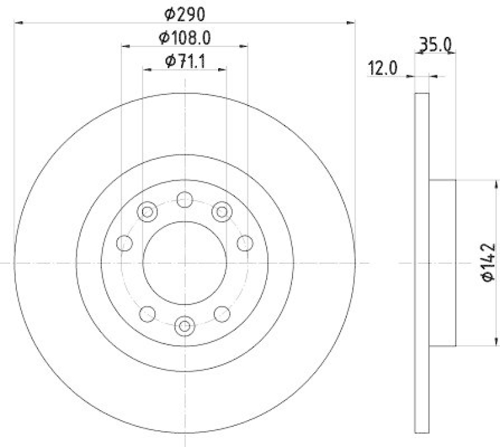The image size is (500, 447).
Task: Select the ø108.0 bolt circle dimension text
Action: click(x=184, y=37)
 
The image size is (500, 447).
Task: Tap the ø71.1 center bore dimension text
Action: click(x=185, y=61)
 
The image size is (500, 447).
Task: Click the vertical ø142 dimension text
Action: click(x=488, y=263)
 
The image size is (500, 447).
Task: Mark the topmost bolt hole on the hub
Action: click(x=184, y=200)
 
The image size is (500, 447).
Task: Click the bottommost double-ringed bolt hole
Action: click(x=184, y=325)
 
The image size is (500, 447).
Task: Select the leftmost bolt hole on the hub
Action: click(x=124, y=243)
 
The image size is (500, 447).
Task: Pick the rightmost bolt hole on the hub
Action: click(x=244, y=243)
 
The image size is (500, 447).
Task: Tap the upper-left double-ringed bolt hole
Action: click(x=148, y=212)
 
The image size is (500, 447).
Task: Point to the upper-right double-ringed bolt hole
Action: click(x=221, y=212)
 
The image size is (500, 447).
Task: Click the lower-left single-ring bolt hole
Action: click(x=148, y=313)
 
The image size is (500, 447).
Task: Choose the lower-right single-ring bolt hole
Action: click(x=221, y=313)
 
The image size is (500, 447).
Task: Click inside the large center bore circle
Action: click(x=184, y=263)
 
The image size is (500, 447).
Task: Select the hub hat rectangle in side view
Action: click(x=443, y=263)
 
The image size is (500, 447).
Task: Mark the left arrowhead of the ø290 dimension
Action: click(x=17, y=23)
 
